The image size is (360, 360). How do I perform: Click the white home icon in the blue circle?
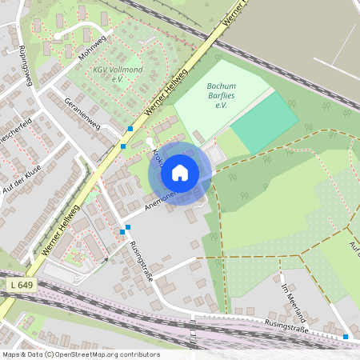click(180, 172)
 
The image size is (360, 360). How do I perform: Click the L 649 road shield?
click(24, 286)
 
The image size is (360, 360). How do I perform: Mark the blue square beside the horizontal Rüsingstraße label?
click(346, 337)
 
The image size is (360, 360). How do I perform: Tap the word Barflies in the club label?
click(222, 97)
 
